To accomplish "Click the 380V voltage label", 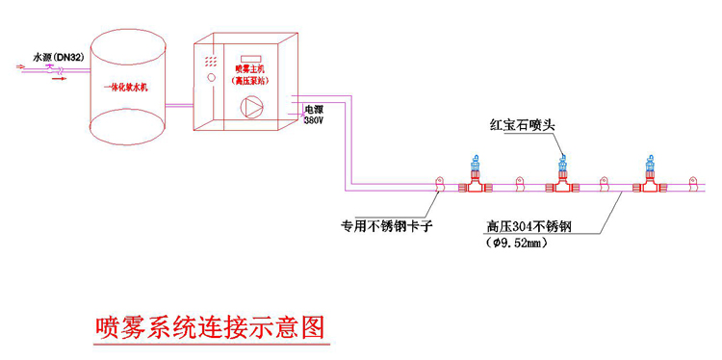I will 315,122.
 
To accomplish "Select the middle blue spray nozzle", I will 561,166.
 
